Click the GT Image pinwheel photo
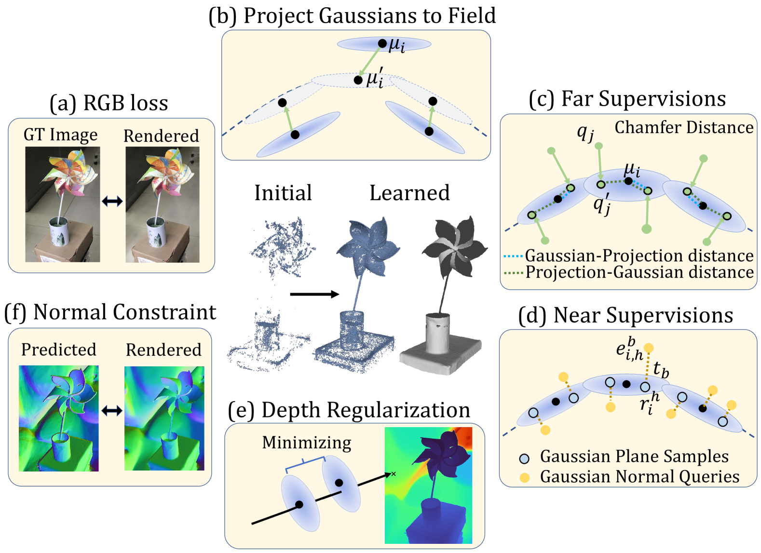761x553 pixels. pyautogui.click(x=63, y=204)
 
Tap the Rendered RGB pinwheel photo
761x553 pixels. pyautogui.click(x=163, y=204)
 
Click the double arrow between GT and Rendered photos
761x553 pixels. pyautogui.click(x=112, y=201)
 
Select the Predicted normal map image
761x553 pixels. pyautogui.click(x=58, y=418)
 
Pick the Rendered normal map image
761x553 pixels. pyautogui.click(x=164, y=418)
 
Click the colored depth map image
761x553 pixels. pyautogui.click(x=428, y=486)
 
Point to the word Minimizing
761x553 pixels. pyautogui.click(x=307, y=443)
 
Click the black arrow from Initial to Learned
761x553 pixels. pyautogui.click(x=314, y=294)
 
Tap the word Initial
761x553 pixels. pyautogui.click(x=283, y=193)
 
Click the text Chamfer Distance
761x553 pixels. pyautogui.click(x=683, y=127)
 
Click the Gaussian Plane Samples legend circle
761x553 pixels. pyautogui.click(x=524, y=458)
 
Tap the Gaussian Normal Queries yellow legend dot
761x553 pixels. pyautogui.click(x=524, y=478)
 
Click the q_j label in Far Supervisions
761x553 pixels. pyautogui.click(x=585, y=132)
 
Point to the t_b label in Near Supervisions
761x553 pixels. pyautogui.click(x=661, y=370)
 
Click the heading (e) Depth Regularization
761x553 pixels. pyautogui.click(x=349, y=410)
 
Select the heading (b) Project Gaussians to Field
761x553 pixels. pyautogui.click(x=352, y=15)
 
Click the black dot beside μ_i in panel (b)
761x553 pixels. pyautogui.click(x=382, y=43)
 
